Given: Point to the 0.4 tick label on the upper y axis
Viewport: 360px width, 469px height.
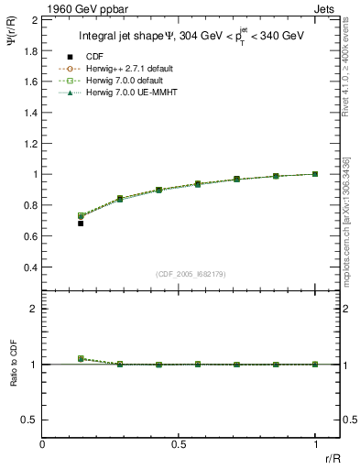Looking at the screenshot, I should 30,267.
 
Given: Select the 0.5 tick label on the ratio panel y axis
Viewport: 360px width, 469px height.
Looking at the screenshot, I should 30,420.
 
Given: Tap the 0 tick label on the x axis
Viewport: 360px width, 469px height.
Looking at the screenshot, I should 43,445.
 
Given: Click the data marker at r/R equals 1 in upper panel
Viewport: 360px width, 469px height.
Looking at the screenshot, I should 315,174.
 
